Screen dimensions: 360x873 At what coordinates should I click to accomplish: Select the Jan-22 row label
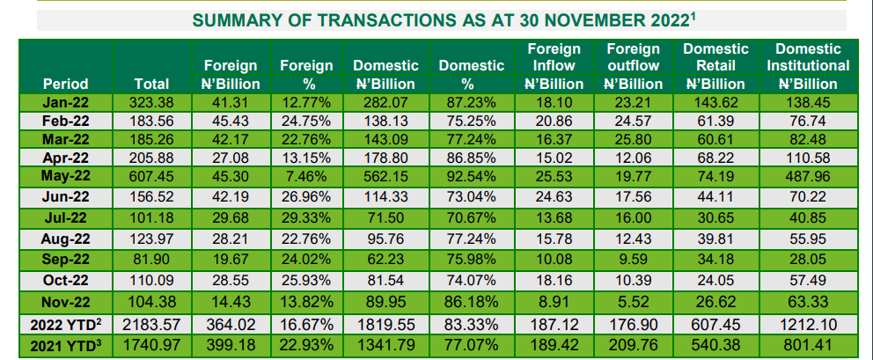tap(65, 103)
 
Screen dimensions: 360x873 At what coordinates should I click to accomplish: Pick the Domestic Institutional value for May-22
tap(809, 177)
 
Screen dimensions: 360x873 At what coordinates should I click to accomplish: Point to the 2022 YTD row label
tap(65, 325)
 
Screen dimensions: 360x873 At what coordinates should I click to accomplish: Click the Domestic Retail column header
tap(715, 66)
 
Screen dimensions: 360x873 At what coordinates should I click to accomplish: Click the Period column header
tap(65, 84)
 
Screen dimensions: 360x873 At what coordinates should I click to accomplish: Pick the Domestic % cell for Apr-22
tap(470, 158)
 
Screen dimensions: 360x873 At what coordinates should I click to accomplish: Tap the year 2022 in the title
tap(657, 18)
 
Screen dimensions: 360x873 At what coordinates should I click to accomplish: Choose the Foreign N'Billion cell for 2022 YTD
tap(231, 325)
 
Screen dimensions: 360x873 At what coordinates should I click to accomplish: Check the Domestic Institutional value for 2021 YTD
tap(809, 343)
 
